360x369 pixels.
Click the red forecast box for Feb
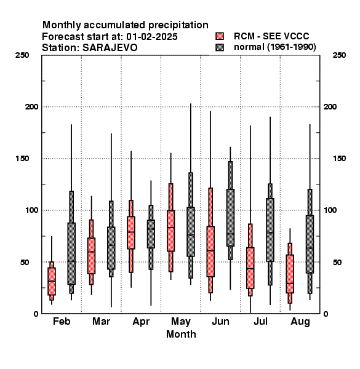pos(52,281)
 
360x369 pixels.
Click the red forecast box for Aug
pos(290,274)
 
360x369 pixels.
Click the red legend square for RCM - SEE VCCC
pos(220,36)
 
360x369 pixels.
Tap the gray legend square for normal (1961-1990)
pos(220,47)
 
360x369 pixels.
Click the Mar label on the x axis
pos(102,321)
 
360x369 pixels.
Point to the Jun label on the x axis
pos(220,321)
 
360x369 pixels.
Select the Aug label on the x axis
pos(300,322)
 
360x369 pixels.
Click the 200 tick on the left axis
pos(32,106)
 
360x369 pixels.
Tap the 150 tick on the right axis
pos(339,159)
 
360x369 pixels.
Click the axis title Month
pos(181,334)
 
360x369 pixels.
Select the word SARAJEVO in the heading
pos(110,48)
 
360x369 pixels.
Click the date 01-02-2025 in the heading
pos(152,37)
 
